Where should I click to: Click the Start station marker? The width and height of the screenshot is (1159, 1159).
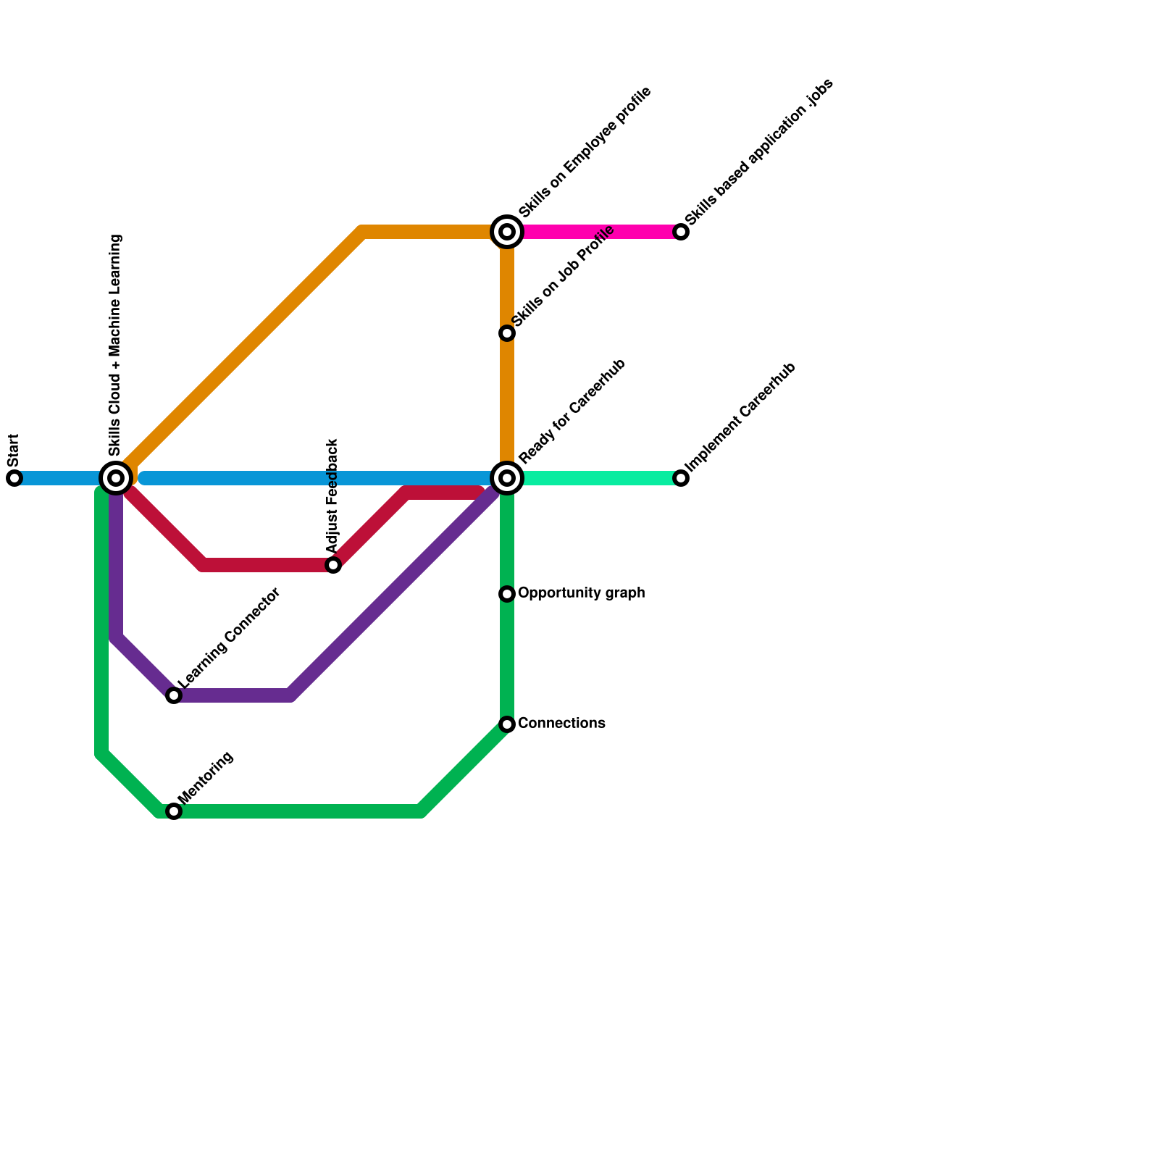coord(14,478)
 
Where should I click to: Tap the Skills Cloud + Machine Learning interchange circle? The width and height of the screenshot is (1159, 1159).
coord(116,478)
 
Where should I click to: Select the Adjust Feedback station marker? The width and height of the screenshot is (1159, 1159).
coord(333,565)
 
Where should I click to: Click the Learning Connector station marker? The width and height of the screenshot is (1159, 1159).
coord(174,695)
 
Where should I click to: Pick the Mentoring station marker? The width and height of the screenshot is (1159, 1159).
coord(174,811)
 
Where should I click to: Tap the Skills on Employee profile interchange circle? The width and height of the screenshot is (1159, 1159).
coord(507,232)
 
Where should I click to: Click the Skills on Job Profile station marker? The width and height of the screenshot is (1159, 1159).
coord(507,333)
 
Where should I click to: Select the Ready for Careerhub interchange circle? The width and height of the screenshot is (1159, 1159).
coord(507,478)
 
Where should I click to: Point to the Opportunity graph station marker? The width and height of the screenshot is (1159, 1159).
coord(507,594)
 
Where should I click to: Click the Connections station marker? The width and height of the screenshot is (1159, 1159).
coord(507,724)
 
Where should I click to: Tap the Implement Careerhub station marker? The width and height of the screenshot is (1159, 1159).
coord(681,478)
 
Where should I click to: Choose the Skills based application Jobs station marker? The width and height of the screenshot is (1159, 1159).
coord(681,232)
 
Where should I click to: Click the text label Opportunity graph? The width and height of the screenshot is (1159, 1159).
coord(582,593)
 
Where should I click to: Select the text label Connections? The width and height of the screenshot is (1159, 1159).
coord(561,724)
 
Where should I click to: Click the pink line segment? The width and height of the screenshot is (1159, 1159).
coord(601,232)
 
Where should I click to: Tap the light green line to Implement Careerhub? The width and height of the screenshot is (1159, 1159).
coord(601,478)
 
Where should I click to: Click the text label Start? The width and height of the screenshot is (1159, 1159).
coord(14,451)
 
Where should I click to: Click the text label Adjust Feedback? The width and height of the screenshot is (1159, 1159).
coord(332,496)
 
